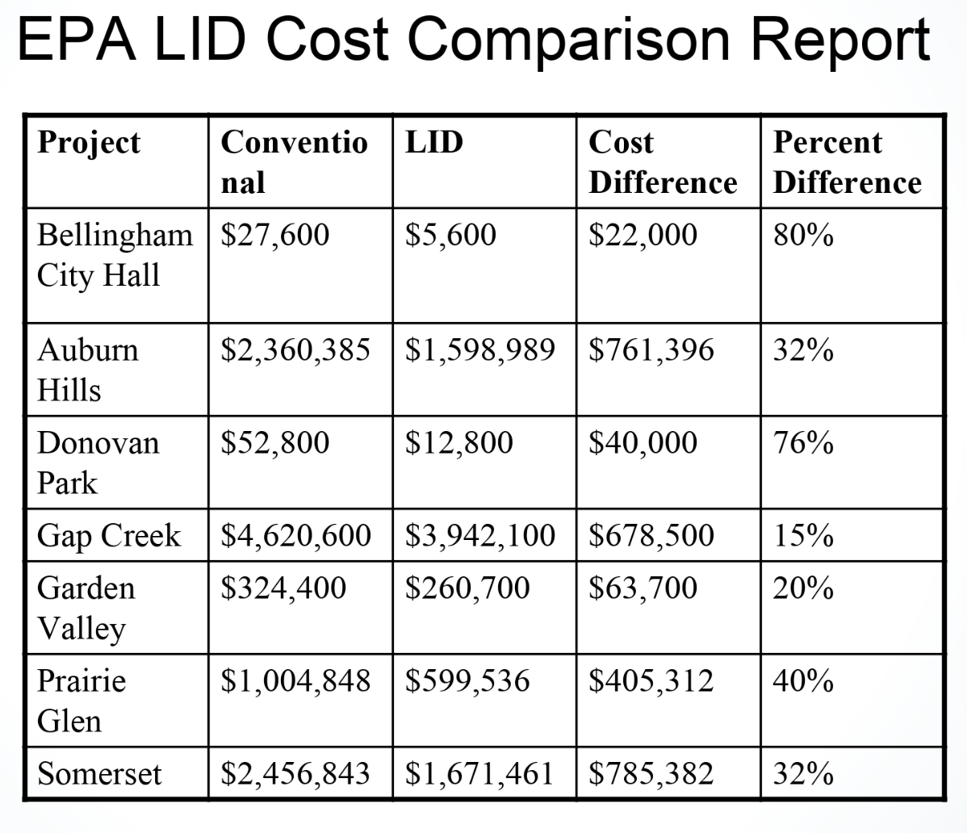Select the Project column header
(x=89, y=143)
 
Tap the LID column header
(x=434, y=143)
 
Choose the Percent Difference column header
(x=847, y=162)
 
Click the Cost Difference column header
(x=662, y=162)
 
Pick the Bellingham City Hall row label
(x=115, y=254)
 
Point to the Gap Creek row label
(x=109, y=535)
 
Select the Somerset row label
(x=99, y=774)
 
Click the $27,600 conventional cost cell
(x=275, y=235)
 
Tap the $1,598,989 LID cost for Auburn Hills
(x=480, y=350)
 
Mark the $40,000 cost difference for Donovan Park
(x=643, y=442)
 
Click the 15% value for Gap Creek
(x=803, y=535)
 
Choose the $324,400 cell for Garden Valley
(x=283, y=588)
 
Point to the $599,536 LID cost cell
(x=467, y=680)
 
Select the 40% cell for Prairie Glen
(x=803, y=680)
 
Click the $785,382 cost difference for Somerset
(x=651, y=774)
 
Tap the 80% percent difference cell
(x=803, y=235)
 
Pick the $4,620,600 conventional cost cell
(x=296, y=535)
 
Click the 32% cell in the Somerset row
(x=803, y=774)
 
